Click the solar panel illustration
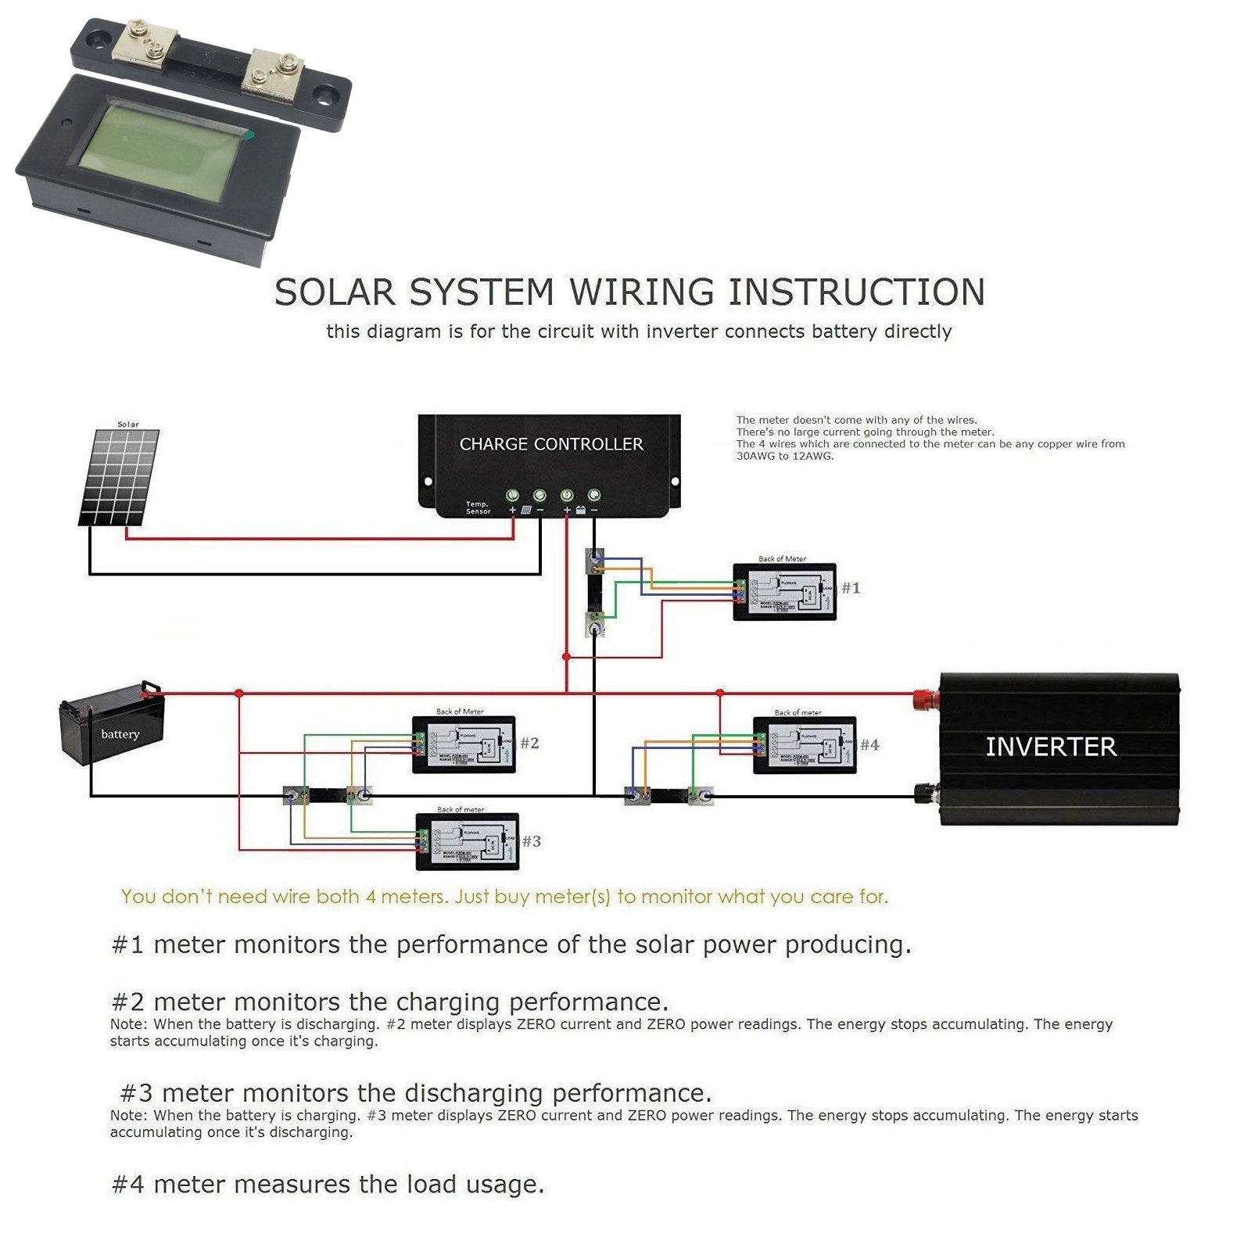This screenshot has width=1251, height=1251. (120, 477)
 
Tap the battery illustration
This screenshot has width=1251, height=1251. (113, 723)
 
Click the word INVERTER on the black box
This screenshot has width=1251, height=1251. (1050, 747)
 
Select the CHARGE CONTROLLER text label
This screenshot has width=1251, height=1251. (550, 444)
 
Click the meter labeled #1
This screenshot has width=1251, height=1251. (784, 592)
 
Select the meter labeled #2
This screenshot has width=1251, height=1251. (464, 744)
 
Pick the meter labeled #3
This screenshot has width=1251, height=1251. (467, 842)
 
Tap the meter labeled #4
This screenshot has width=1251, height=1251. (804, 745)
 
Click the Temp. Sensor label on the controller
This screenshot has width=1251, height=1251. (478, 508)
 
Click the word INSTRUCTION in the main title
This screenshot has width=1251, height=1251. (856, 292)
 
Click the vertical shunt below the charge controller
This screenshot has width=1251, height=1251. (595, 592)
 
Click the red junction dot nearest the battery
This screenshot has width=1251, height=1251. (239, 694)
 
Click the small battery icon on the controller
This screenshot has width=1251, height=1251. (581, 510)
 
